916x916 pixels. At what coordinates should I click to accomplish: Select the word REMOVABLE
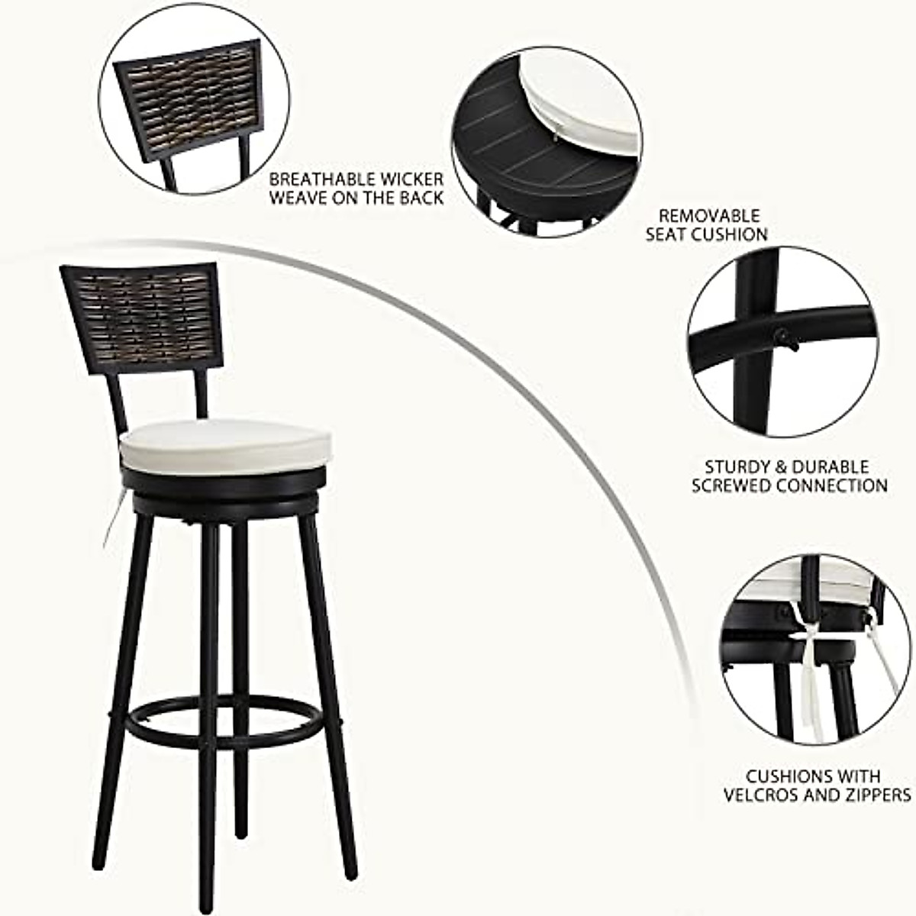point(708,216)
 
